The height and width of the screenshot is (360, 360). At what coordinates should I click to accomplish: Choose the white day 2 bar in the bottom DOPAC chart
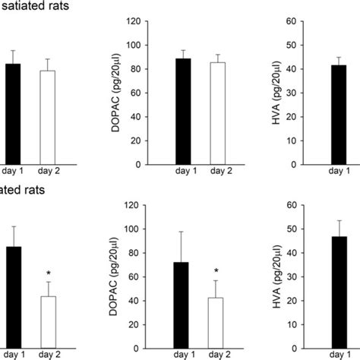[x=216, y=323]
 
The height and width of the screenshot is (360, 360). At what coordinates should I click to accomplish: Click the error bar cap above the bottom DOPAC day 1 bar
[x=182, y=232]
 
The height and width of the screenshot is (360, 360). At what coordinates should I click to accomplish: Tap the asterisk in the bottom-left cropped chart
[x=48, y=273]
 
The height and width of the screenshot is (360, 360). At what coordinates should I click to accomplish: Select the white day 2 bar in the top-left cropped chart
[x=48, y=117]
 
